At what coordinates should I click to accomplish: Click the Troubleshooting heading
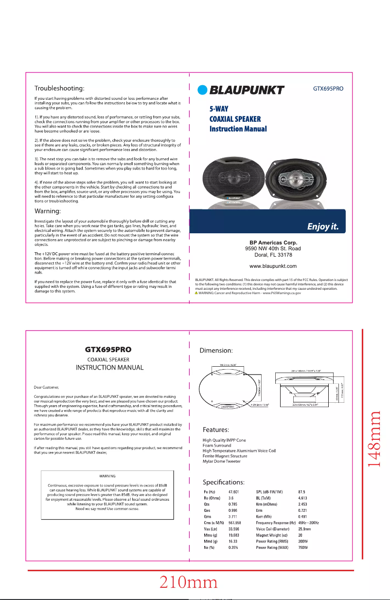66,89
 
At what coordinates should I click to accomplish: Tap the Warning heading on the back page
53,212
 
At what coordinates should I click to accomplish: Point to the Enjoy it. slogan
325,227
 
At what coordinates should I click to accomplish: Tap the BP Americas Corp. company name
273,243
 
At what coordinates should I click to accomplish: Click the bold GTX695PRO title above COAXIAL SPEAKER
108,349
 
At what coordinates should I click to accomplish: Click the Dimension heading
218,350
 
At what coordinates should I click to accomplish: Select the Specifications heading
223,482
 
